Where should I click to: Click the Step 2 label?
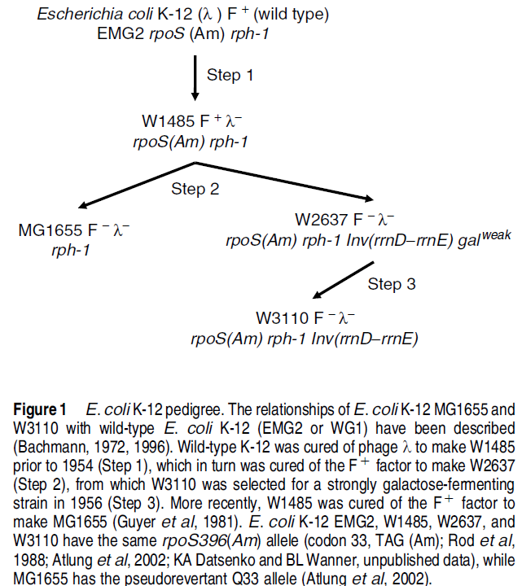(x=195, y=189)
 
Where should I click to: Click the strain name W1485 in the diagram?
(x=168, y=122)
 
